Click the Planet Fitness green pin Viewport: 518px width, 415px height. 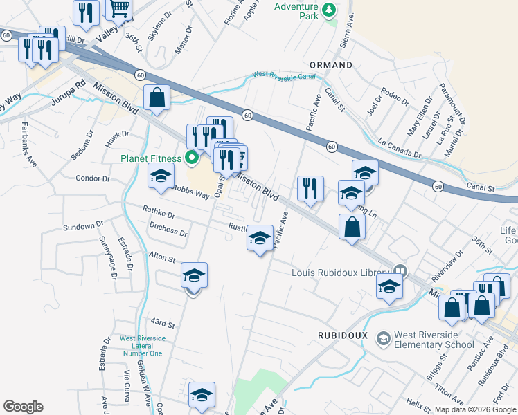pyautogui.click(x=193, y=158)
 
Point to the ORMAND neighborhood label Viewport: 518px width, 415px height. pyautogui.click(x=331, y=65)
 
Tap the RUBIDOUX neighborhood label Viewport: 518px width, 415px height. pyautogui.click(x=340, y=335)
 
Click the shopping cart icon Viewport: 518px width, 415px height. pyautogui.click(x=120, y=8)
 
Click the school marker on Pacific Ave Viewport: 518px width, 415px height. pyautogui.click(x=260, y=239)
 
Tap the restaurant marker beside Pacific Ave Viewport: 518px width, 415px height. pyautogui.click(x=310, y=188)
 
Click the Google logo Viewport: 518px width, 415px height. pyautogui.click(x=23, y=407)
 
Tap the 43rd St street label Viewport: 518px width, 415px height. pyautogui.click(x=161, y=323)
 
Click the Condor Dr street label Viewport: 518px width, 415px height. pyautogui.click(x=93, y=178)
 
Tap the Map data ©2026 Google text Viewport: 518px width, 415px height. pyautogui.click(x=475, y=409)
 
